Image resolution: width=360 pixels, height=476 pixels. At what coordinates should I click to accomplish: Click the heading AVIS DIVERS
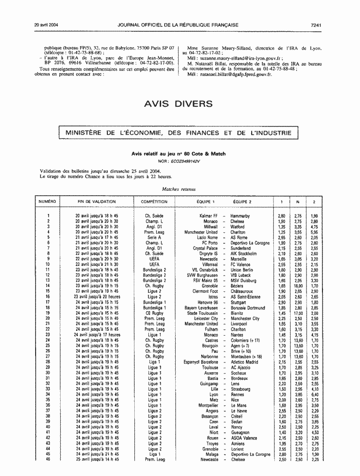click(x=178, y=104)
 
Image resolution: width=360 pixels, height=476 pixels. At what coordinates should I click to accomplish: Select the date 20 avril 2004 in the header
click(x=47, y=24)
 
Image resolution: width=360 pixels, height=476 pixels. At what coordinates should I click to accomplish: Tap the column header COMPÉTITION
click(x=154, y=201)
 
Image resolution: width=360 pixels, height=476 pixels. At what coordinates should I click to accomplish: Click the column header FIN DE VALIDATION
click(x=97, y=201)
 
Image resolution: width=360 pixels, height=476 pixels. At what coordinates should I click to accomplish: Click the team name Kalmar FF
click(x=208, y=216)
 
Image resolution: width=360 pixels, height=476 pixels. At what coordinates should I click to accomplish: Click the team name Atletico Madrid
click(x=245, y=362)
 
